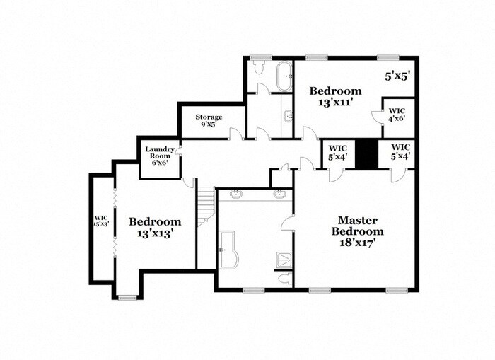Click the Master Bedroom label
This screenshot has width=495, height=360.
click(x=357, y=226)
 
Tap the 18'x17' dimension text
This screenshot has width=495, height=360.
click(x=357, y=243)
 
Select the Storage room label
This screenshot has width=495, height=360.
click(x=209, y=117)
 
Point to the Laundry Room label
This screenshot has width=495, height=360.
click(x=159, y=153)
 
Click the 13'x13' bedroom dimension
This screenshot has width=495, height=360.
click(x=156, y=233)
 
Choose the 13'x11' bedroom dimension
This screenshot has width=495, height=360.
click(x=335, y=103)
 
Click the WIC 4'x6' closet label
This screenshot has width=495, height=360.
click(x=397, y=115)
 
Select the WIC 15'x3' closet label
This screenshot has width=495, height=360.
click(x=101, y=221)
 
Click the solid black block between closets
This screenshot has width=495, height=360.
click(x=367, y=153)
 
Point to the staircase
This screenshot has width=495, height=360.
click(x=206, y=207)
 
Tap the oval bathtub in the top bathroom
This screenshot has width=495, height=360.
click(x=284, y=76)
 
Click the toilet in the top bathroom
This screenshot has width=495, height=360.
click(x=259, y=67)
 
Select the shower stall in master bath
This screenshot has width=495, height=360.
click(x=285, y=260)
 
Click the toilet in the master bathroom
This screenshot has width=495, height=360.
click(x=286, y=279)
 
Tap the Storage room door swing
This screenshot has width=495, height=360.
click(x=236, y=134)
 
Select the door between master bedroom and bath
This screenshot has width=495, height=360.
click(x=288, y=223)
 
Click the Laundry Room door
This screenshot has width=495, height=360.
click(x=178, y=151)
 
